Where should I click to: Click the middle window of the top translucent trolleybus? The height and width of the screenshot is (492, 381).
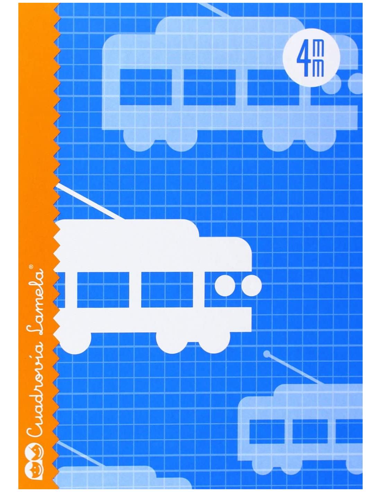[x=209, y=87]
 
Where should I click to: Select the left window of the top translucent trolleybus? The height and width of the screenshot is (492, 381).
[x=145, y=87]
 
